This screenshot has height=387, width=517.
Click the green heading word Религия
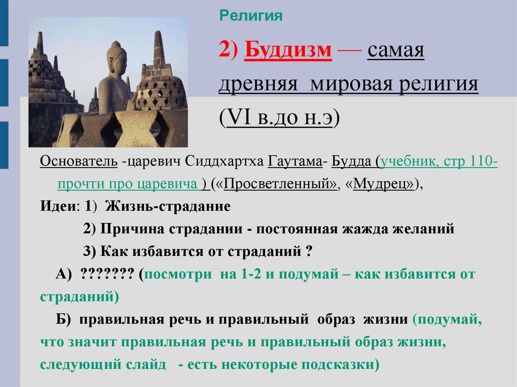pyautogui.click(x=250, y=16)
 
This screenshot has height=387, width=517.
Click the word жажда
pyautogui.click(x=382, y=229)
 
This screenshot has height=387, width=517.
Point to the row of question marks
pyautogui.click(x=107, y=274)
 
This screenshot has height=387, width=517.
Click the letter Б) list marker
pyautogui.click(x=65, y=319)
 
